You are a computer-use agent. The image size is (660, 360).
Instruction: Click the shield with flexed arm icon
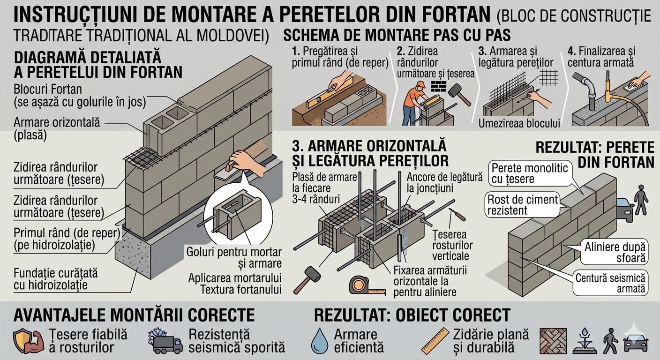(28, 341)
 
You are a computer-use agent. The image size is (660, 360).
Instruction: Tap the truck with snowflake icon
(165, 342)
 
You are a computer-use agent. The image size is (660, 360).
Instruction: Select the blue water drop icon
(320, 341)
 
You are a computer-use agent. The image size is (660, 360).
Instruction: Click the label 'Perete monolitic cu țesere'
(530, 173)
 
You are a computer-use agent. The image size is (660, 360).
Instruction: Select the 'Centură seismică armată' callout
(610, 283)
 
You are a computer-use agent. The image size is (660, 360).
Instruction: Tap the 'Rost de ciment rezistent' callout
(522, 205)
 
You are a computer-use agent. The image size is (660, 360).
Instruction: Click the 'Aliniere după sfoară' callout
(615, 252)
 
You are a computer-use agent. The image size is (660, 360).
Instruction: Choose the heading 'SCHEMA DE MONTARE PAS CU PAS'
(397, 35)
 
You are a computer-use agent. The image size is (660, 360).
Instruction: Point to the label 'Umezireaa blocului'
(519, 123)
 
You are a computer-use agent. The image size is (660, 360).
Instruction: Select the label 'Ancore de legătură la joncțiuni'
(445, 183)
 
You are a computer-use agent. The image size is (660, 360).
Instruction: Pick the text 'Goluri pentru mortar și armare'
(234, 258)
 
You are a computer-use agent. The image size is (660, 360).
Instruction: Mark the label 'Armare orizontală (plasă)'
(57, 129)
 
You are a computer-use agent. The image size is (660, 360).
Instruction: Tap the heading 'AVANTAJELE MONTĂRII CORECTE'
(134, 315)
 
